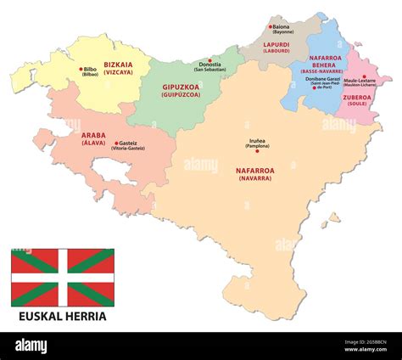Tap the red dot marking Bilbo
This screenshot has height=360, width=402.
(x=81, y=69)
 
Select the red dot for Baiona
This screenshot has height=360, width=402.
(x=271, y=27)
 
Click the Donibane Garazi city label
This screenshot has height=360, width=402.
(x=323, y=78)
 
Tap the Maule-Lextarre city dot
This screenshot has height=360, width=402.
(x=363, y=76)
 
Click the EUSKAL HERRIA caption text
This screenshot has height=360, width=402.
(x=63, y=316)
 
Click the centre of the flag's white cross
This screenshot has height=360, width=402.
(x=62, y=277)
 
